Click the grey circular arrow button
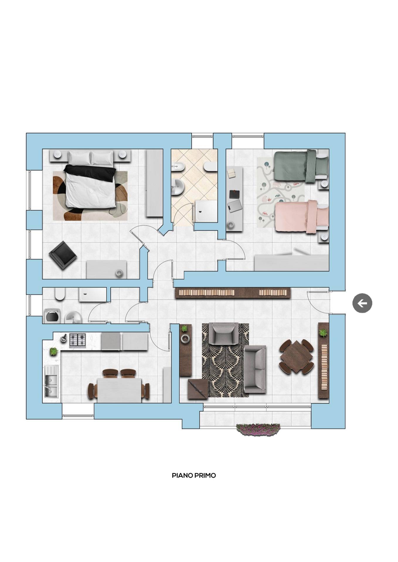(362, 303)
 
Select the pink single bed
(302, 217)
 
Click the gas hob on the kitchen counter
(77, 340)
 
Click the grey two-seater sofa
(255, 369)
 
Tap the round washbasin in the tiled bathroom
(178, 186)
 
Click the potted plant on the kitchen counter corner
(53, 351)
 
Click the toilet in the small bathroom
(59, 294)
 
